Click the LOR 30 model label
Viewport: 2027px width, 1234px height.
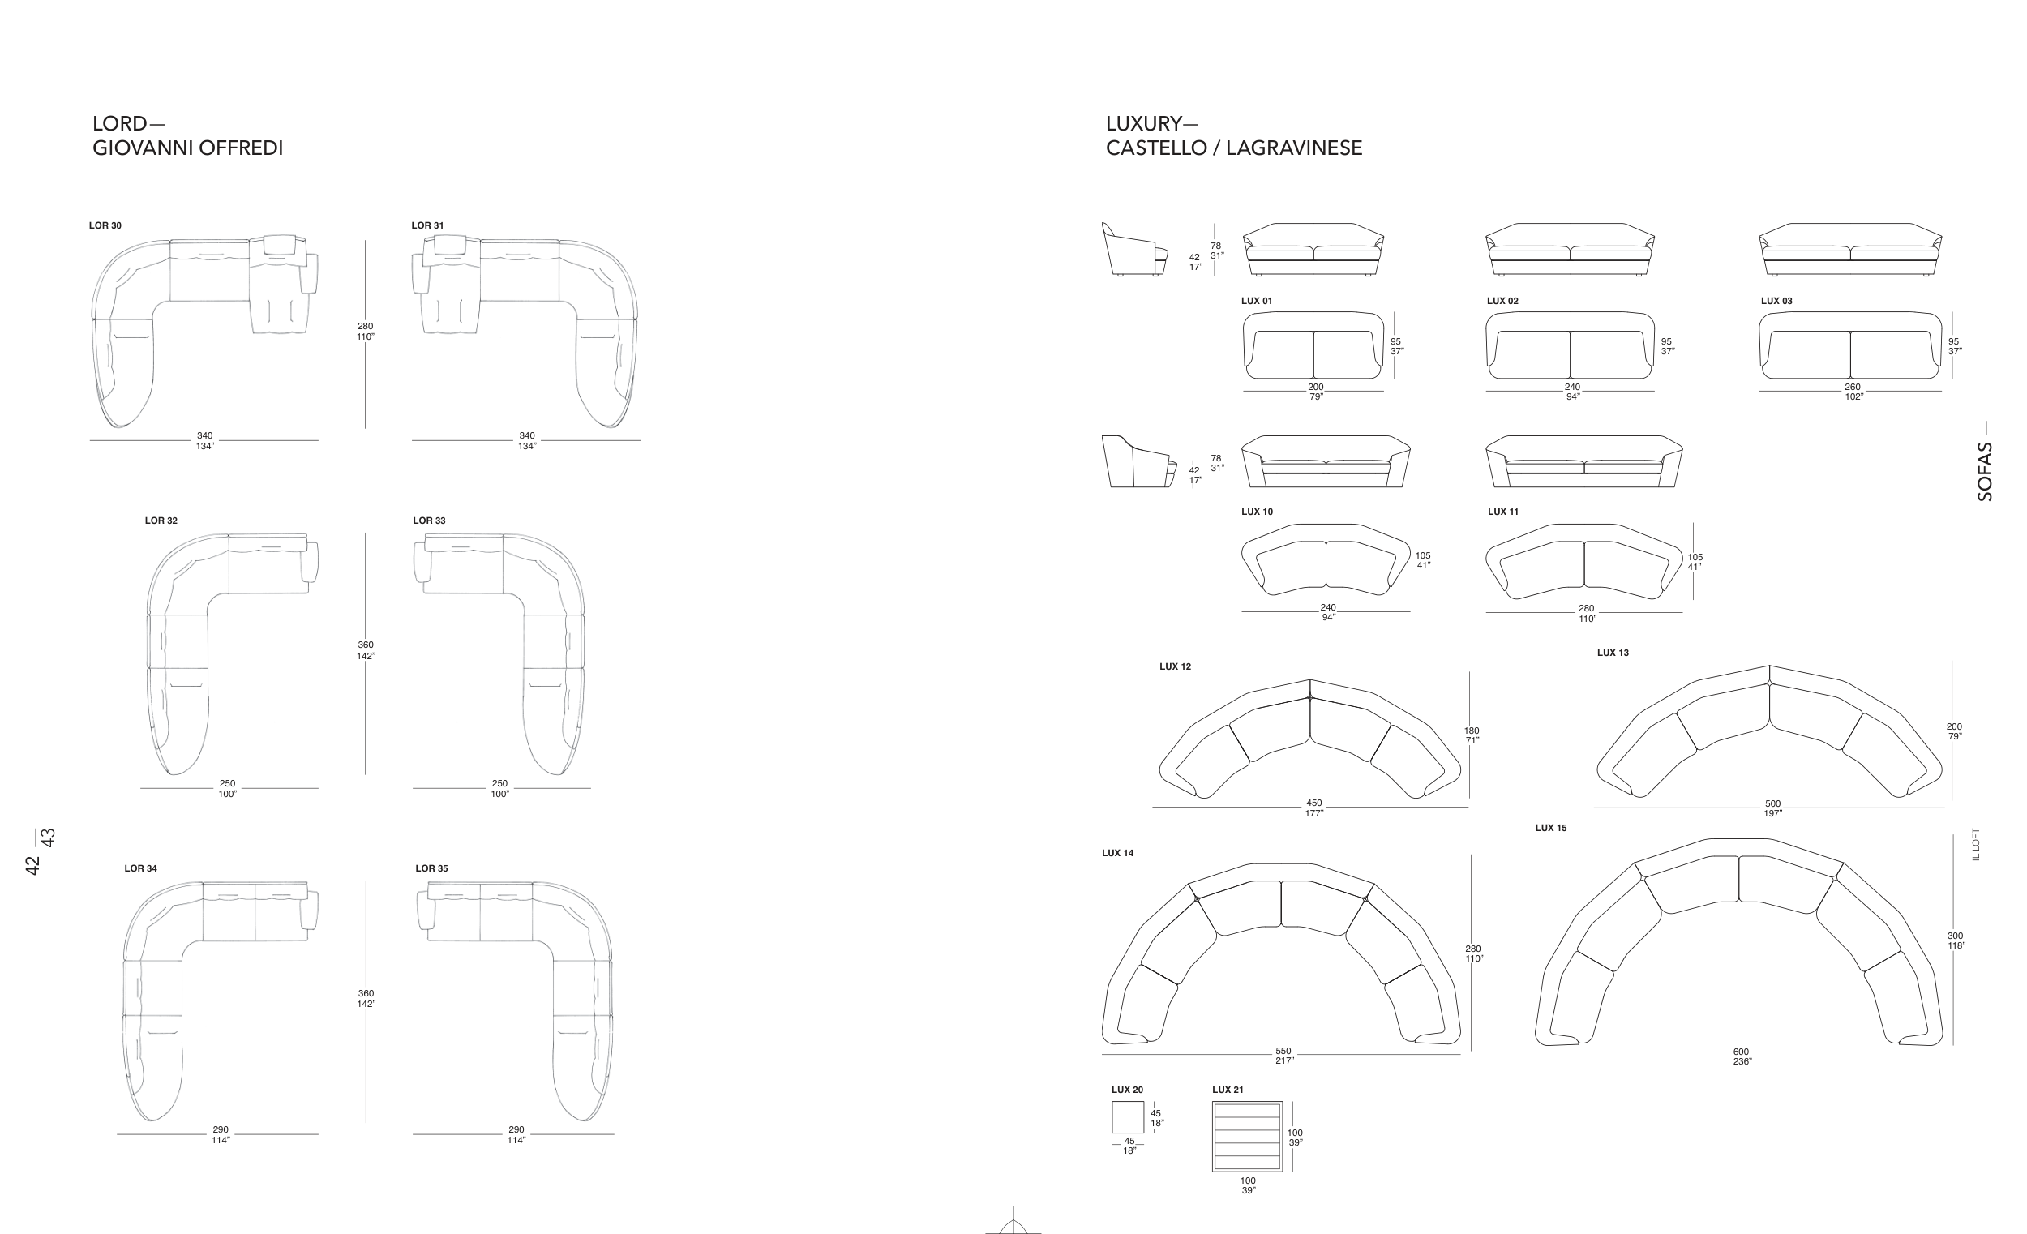105,225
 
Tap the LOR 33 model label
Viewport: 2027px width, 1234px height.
430,521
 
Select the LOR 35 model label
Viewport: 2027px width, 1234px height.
432,868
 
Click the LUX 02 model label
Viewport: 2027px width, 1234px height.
1503,301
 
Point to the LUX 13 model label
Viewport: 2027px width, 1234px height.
1613,653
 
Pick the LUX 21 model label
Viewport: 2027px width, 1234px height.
1228,1090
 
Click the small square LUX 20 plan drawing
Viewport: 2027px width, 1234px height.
1128,1117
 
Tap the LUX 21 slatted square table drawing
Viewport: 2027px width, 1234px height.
1247,1136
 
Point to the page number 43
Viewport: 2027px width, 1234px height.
49,838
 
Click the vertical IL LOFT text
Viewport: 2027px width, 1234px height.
1976,845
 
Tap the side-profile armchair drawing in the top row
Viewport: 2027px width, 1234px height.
1134,249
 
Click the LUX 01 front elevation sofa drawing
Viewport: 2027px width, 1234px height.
1313,249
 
